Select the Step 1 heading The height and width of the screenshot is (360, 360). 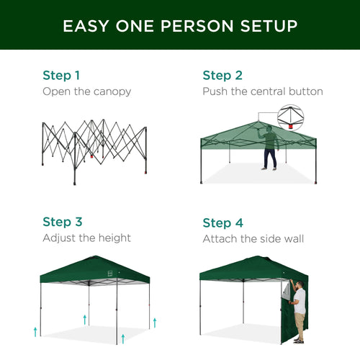[61, 75]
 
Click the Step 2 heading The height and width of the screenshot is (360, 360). [222, 75]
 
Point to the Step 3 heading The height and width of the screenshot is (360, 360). [61, 222]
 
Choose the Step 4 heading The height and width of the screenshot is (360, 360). [222, 222]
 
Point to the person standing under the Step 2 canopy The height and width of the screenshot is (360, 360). [269, 147]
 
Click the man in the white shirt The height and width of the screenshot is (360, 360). [300, 310]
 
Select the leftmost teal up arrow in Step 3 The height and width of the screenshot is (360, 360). [35, 330]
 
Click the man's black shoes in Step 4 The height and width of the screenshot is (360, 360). [299, 340]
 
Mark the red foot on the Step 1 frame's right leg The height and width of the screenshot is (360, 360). [91, 154]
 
